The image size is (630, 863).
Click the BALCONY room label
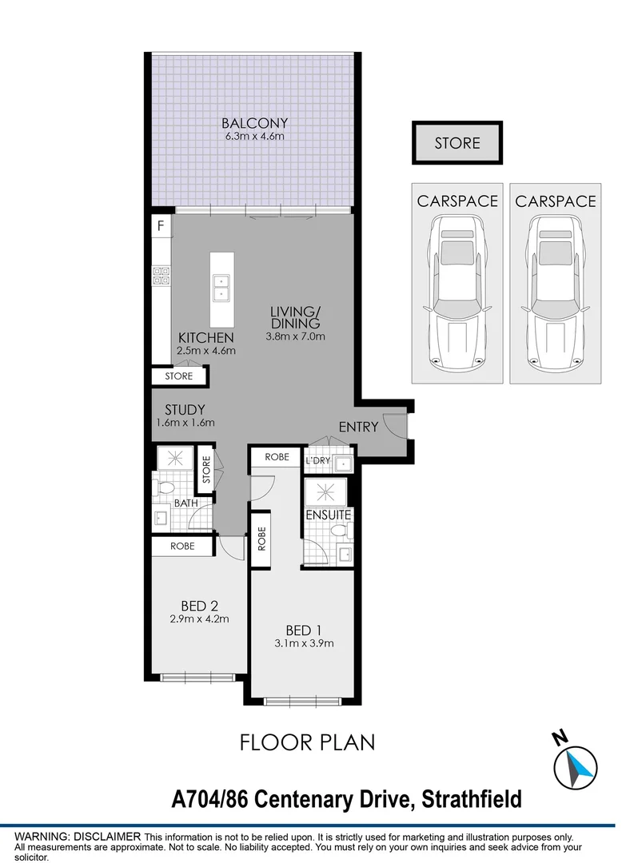tap(254, 123)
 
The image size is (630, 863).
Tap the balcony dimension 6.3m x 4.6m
tap(254, 136)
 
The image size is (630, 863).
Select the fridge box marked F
tap(161, 226)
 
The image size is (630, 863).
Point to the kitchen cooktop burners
tap(160, 276)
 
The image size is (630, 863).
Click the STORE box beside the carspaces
tap(457, 144)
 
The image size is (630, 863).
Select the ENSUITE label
tap(329, 515)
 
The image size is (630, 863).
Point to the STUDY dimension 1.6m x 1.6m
tap(185, 424)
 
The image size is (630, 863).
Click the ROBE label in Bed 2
tap(183, 547)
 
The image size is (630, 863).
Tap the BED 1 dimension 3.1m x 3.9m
tap(304, 642)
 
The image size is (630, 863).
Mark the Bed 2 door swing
tap(231, 547)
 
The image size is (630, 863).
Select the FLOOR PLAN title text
tap(308, 742)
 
